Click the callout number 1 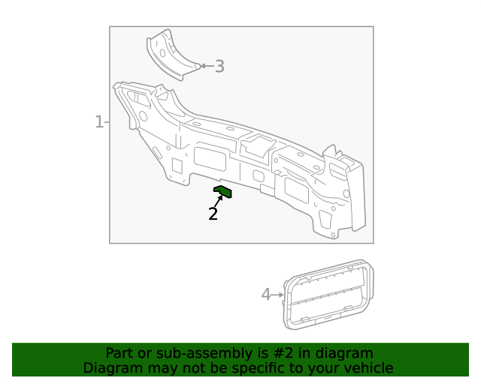pos(98,121)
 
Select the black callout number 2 pos(213,214)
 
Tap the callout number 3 pos(219,67)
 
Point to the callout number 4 pos(265,295)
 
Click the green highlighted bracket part pos(223,192)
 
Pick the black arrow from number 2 pos(219,201)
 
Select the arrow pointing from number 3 pos(206,67)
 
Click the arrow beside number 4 pos(277,295)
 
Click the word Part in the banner pos(120,353)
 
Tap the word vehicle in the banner pos(367,368)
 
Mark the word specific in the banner pos(261,368)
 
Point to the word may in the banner pos(162,368)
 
